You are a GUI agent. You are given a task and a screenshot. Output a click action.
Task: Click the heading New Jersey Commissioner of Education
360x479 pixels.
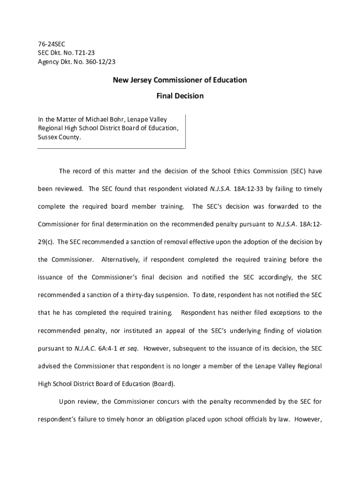180,80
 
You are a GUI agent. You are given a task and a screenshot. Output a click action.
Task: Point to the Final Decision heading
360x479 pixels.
180,96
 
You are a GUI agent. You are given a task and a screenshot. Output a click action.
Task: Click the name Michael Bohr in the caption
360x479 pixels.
100,120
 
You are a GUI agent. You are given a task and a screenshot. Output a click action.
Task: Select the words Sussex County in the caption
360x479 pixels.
58,138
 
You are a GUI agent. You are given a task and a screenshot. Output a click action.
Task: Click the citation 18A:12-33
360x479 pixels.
250,189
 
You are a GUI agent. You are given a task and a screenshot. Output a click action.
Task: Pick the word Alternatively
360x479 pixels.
122,260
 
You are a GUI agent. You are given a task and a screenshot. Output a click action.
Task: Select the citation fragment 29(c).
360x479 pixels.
46,242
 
